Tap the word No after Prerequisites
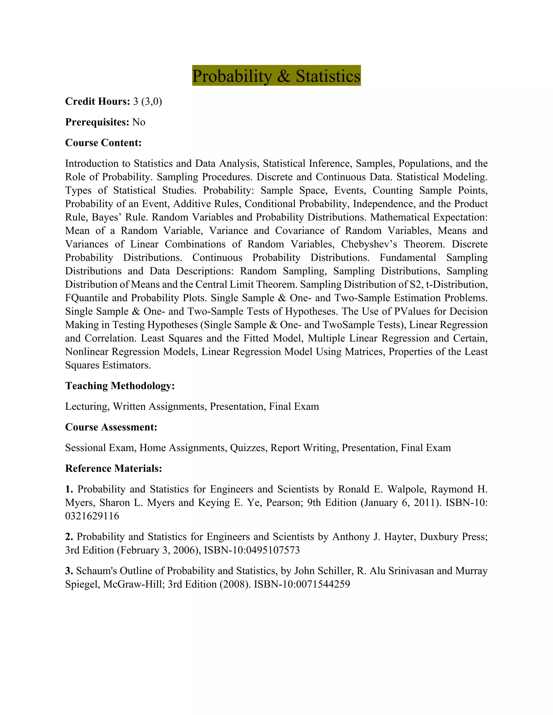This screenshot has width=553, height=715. point(139,122)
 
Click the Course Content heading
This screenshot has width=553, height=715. point(103,143)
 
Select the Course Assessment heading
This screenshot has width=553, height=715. point(111,427)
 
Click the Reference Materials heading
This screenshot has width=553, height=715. point(113,468)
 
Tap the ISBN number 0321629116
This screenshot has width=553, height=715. point(92,516)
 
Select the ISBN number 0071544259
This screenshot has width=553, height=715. point(323,584)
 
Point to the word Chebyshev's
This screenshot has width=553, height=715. point(369,244)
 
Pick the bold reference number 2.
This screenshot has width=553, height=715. point(69,537)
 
